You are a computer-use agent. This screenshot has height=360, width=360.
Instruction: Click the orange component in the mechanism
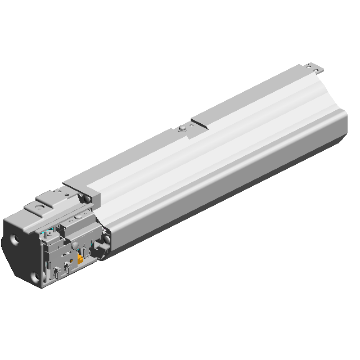(x=80, y=259)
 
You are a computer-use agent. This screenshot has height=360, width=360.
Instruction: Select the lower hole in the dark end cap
(x=35, y=276)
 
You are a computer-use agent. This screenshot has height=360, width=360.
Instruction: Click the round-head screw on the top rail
(x=181, y=128)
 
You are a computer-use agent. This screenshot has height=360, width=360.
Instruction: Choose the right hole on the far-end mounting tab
(x=320, y=70)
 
